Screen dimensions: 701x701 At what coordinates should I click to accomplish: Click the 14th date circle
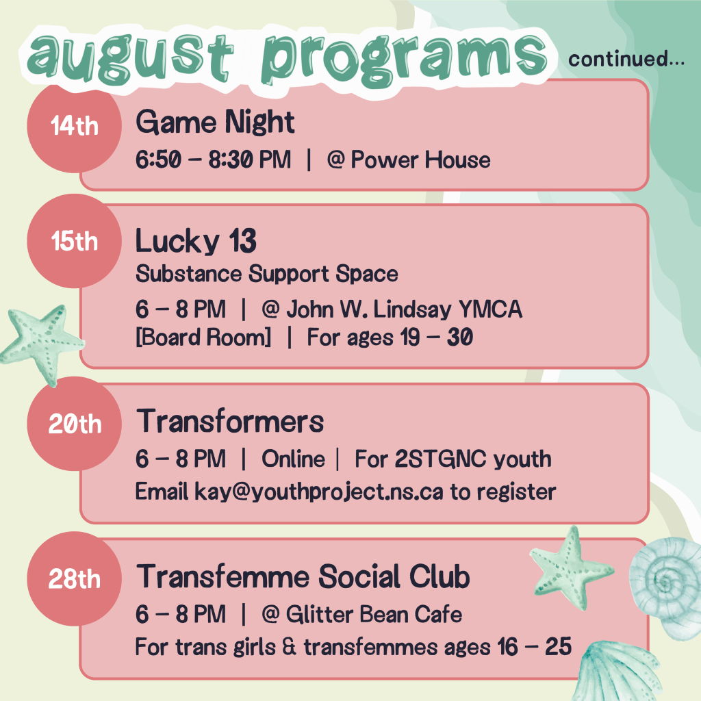(x=74, y=127)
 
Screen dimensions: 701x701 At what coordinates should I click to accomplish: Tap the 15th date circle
(x=74, y=241)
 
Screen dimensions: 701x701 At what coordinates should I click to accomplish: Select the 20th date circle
(x=74, y=424)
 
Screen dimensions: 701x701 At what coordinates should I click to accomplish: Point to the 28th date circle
(x=74, y=578)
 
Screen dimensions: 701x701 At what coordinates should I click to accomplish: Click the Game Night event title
(x=215, y=123)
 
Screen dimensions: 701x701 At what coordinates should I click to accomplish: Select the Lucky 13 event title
(x=196, y=241)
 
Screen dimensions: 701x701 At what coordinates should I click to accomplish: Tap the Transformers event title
(x=230, y=421)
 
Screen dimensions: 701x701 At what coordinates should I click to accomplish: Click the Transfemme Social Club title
(x=303, y=577)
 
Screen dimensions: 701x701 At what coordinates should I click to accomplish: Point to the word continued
(x=626, y=60)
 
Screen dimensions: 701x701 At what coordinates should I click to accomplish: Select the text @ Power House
(x=408, y=160)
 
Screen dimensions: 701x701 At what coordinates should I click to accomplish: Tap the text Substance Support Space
(x=266, y=275)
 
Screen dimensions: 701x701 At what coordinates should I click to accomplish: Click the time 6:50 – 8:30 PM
(x=213, y=160)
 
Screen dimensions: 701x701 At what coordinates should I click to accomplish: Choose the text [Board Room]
(x=203, y=337)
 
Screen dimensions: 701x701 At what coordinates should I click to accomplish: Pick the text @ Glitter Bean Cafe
(x=361, y=615)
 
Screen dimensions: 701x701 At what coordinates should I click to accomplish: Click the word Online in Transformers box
(x=293, y=459)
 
